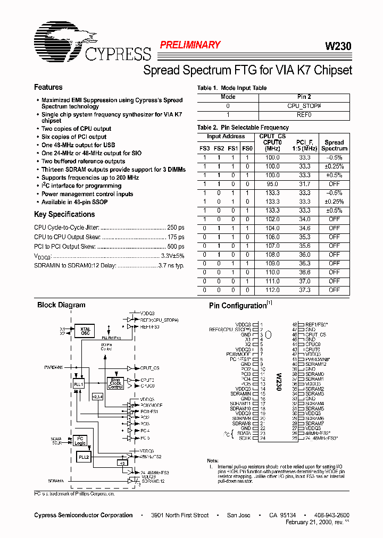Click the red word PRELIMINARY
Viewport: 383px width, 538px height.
click(x=190, y=45)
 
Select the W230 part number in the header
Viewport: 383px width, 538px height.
click(x=338, y=46)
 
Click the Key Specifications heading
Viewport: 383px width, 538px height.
click(x=64, y=214)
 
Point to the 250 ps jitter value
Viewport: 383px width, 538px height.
click(x=176, y=228)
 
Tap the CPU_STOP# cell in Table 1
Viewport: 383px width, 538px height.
click(x=304, y=106)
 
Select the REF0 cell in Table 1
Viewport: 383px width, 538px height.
click(x=304, y=114)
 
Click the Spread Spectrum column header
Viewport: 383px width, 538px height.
click(x=334, y=145)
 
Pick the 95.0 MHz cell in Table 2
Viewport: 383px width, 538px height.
click(x=272, y=183)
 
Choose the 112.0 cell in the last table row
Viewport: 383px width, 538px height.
click(x=272, y=291)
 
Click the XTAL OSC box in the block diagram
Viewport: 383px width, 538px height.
click(x=86, y=331)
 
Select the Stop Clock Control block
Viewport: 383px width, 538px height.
click(x=115, y=383)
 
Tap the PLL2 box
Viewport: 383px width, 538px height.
click(x=84, y=457)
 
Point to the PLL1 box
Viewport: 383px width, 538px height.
click(x=78, y=384)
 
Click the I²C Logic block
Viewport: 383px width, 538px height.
click(x=80, y=441)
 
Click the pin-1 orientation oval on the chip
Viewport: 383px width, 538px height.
click(x=269, y=334)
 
